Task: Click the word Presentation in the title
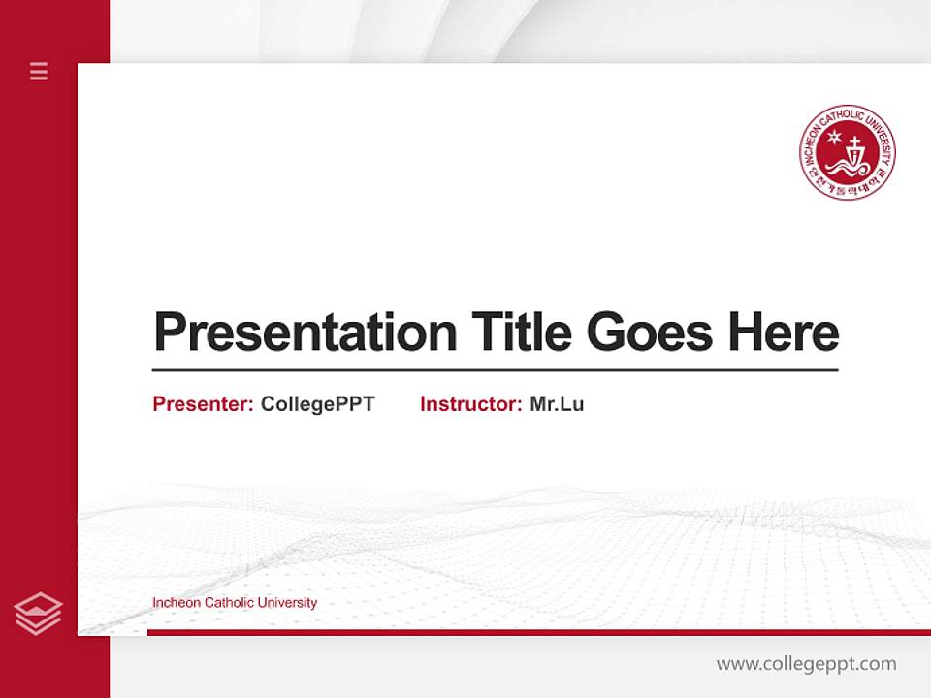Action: [x=305, y=333]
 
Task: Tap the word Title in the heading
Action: [x=520, y=332]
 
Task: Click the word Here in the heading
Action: [x=783, y=332]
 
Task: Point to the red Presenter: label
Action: [x=203, y=404]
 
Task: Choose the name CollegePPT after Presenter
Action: [x=317, y=404]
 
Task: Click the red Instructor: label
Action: [x=470, y=404]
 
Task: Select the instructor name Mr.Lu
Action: [x=557, y=404]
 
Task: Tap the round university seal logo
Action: [x=848, y=153]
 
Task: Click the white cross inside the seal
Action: [x=855, y=149]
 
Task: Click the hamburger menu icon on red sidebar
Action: [x=39, y=71]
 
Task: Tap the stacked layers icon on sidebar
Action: [x=39, y=613]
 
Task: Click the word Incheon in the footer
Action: [x=176, y=603]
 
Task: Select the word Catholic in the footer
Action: [x=228, y=603]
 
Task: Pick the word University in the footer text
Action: [x=287, y=603]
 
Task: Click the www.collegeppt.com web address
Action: [x=806, y=664]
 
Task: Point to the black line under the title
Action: [x=495, y=369]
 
